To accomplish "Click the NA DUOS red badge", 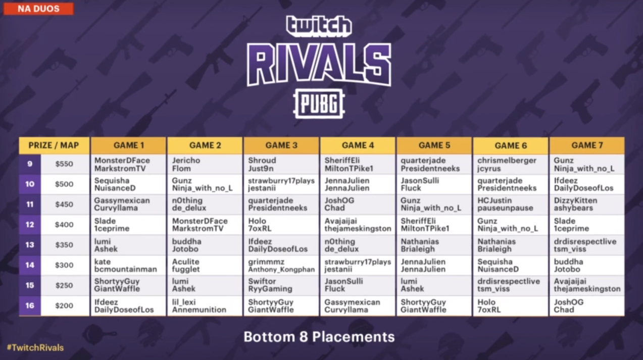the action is (38, 9).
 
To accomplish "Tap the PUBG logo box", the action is (319, 104).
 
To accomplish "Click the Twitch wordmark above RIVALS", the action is (319, 26).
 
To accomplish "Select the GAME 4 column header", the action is (358, 145).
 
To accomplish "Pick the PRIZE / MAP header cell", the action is (54, 145).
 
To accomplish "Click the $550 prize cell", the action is (64, 164).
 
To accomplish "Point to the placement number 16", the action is (30, 305).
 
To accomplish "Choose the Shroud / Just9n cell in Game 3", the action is (281, 165).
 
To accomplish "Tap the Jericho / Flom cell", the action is (205, 165).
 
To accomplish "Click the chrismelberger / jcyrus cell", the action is (511, 165).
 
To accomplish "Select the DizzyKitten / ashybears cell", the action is (587, 204).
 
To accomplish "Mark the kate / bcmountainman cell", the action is (128, 266).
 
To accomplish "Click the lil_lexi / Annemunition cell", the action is (205, 306).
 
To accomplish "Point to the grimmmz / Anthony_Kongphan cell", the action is (281, 266).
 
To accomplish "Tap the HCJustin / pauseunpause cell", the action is (511, 204).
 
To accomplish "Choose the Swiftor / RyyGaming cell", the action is (281, 285).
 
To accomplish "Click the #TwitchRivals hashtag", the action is (35, 348).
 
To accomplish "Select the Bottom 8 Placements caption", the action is (319, 337).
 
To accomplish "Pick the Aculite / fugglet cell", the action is (205, 266).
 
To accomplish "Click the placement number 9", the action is (30, 164).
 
